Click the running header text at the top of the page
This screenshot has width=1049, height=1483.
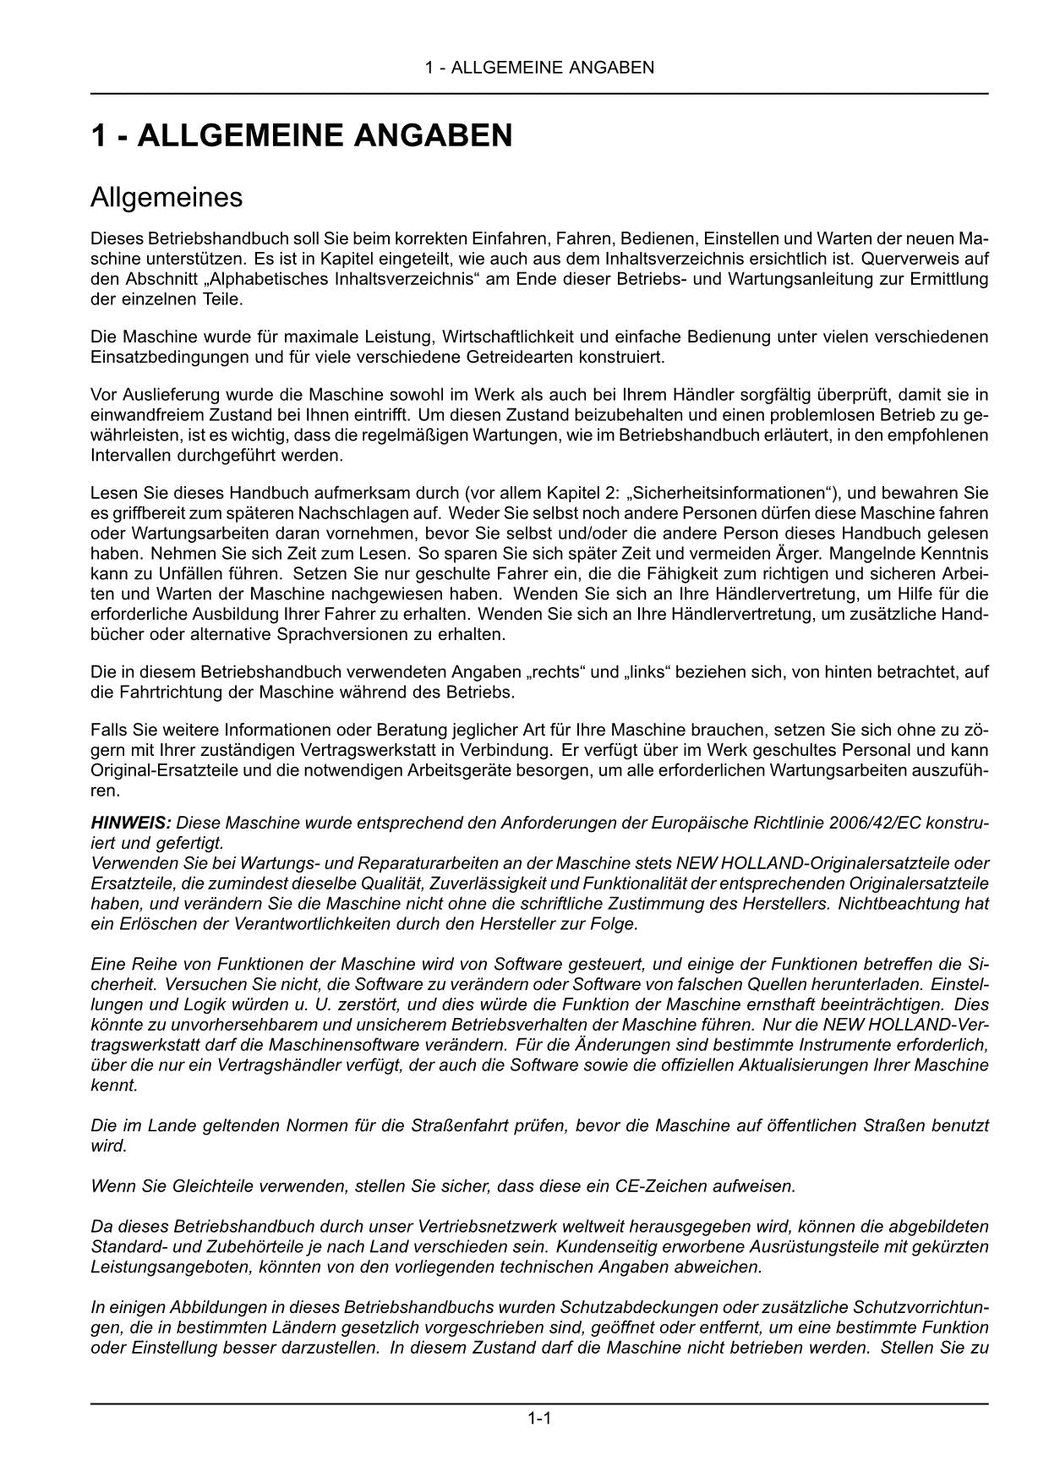click(539, 68)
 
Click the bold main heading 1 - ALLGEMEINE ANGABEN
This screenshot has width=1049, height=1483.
click(302, 135)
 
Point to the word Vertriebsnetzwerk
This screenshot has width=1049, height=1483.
click(463, 1226)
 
